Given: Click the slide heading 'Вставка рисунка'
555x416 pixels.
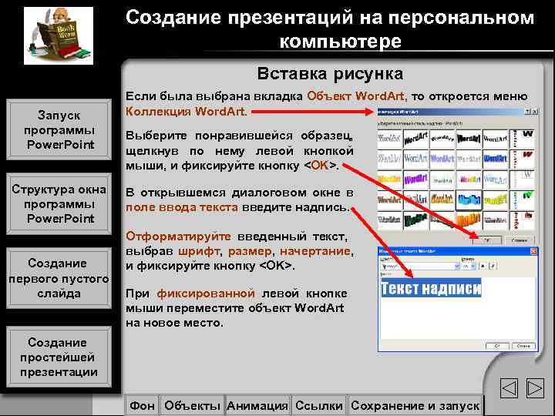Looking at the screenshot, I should click(330, 74).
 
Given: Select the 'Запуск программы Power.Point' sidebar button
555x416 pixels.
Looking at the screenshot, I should click(59, 129).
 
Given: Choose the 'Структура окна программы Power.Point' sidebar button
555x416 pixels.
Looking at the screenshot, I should click(59, 204).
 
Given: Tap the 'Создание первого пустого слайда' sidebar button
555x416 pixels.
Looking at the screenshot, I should click(59, 278).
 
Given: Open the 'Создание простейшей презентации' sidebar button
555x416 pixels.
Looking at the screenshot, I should click(59, 357).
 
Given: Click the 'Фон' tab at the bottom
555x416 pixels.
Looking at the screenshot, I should click(143, 405).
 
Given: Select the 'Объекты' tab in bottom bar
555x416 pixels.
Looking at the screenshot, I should click(193, 405).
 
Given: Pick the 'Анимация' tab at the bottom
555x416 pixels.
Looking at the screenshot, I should click(257, 405).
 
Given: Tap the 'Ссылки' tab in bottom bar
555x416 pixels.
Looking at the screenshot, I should click(319, 405).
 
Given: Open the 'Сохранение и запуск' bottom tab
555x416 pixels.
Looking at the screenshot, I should click(415, 405).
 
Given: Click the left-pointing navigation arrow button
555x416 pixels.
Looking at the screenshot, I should click(509, 389).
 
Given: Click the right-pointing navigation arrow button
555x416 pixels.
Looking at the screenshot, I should click(534, 389).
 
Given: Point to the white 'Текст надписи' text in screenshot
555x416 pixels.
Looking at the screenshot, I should click(431, 289).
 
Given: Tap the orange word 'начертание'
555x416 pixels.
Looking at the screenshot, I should click(316, 251).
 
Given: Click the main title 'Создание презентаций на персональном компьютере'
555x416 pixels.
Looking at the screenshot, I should click(330, 29).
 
